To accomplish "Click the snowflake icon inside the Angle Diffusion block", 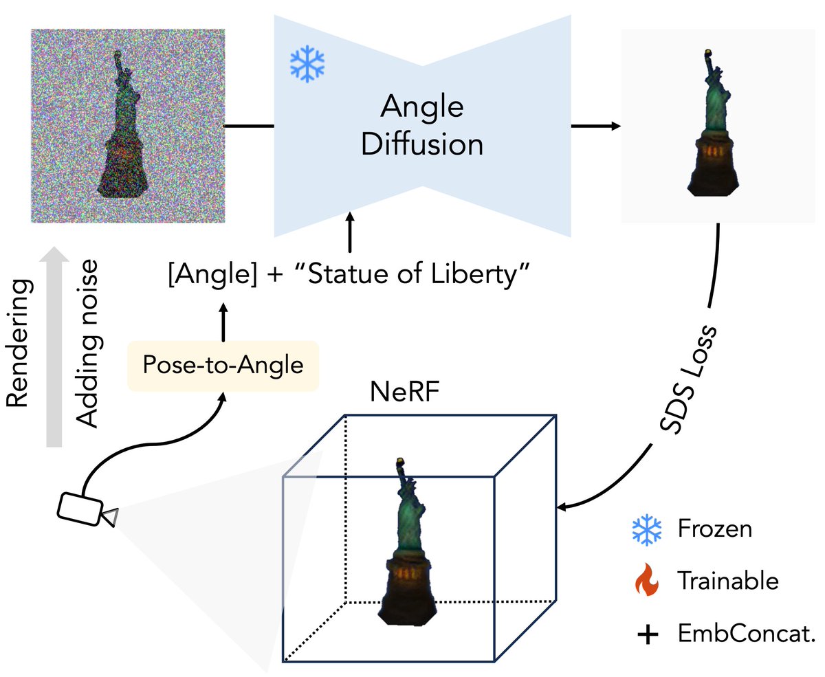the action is (307, 64).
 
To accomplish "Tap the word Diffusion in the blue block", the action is (422, 145).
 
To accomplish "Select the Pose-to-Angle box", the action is (223, 366).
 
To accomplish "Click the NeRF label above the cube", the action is (404, 392).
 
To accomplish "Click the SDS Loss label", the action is (687, 379).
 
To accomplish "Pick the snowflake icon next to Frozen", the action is (647, 530).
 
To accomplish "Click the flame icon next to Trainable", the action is (647, 579).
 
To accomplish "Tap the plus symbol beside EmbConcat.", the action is (648, 634).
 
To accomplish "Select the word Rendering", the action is (18, 343).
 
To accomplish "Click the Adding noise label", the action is (87, 344).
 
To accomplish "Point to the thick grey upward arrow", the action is (54, 346).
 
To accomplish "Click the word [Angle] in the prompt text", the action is (213, 274).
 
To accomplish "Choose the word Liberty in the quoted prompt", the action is (480, 274).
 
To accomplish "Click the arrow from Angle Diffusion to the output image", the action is (596, 126).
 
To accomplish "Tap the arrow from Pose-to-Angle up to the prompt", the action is (223, 322).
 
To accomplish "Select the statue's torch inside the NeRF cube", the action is (399, 461).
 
